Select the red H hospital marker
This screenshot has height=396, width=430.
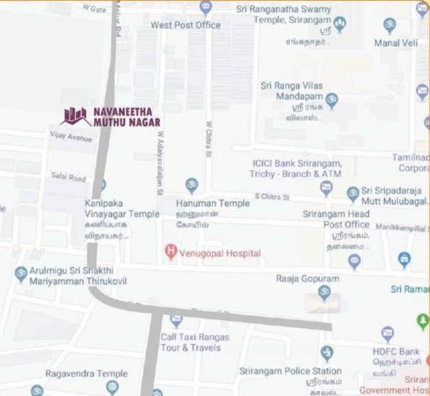pyautogui.click(x=170, y=252)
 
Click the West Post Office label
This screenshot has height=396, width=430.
pyautogui.click(x=186, y=26)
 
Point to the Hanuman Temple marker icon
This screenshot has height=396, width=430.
pyautogui.click(x=191, y=186)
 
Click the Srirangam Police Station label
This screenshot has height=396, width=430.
pyautogui.click(x=301, y=371)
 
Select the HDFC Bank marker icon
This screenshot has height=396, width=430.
pyautogui.click(x=388, y=334)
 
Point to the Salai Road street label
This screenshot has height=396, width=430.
pyautogui.click(x=68, y=177)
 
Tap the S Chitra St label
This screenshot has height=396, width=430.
pyautogui.click(x=272, y=196)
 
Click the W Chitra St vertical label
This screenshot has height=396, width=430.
pyautogui.click(x=209, y=140)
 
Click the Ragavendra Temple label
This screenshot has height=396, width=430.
pyautogui.click(x=86, y=373)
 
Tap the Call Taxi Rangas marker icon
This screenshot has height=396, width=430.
pyautogui.click(x=176, y=321)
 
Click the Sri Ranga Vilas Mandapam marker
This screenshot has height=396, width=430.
pyautogui.click(x=331, y=100)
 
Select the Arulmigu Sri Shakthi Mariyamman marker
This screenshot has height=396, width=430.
pyautogui.click(x=21, y=274)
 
